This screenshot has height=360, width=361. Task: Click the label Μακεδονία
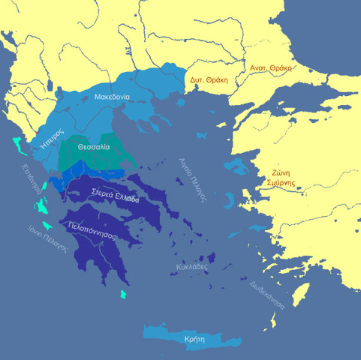(x=113, y=96)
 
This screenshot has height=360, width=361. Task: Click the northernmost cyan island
(x=17, y=141)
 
